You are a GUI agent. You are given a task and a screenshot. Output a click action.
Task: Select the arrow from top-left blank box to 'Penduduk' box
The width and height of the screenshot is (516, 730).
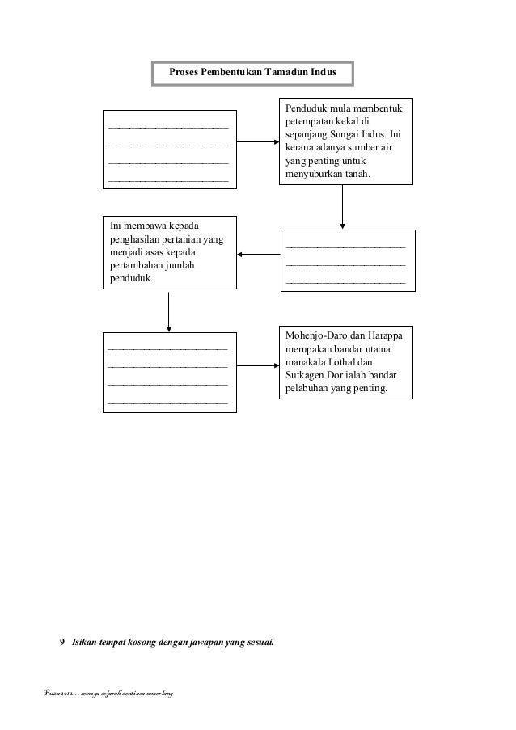[257, 143]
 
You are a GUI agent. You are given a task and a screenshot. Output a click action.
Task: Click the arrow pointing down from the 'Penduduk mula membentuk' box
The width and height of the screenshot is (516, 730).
[343, 206]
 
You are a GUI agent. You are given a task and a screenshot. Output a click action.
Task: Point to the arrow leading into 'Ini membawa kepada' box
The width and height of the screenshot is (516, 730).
[258, 255]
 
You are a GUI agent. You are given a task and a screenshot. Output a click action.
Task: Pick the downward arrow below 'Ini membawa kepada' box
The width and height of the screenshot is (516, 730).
[168, 310]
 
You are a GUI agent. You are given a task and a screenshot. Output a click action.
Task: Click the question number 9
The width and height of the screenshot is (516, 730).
[63, 643]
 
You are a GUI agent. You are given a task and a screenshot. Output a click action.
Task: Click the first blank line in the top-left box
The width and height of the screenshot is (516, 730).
[168, 128]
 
